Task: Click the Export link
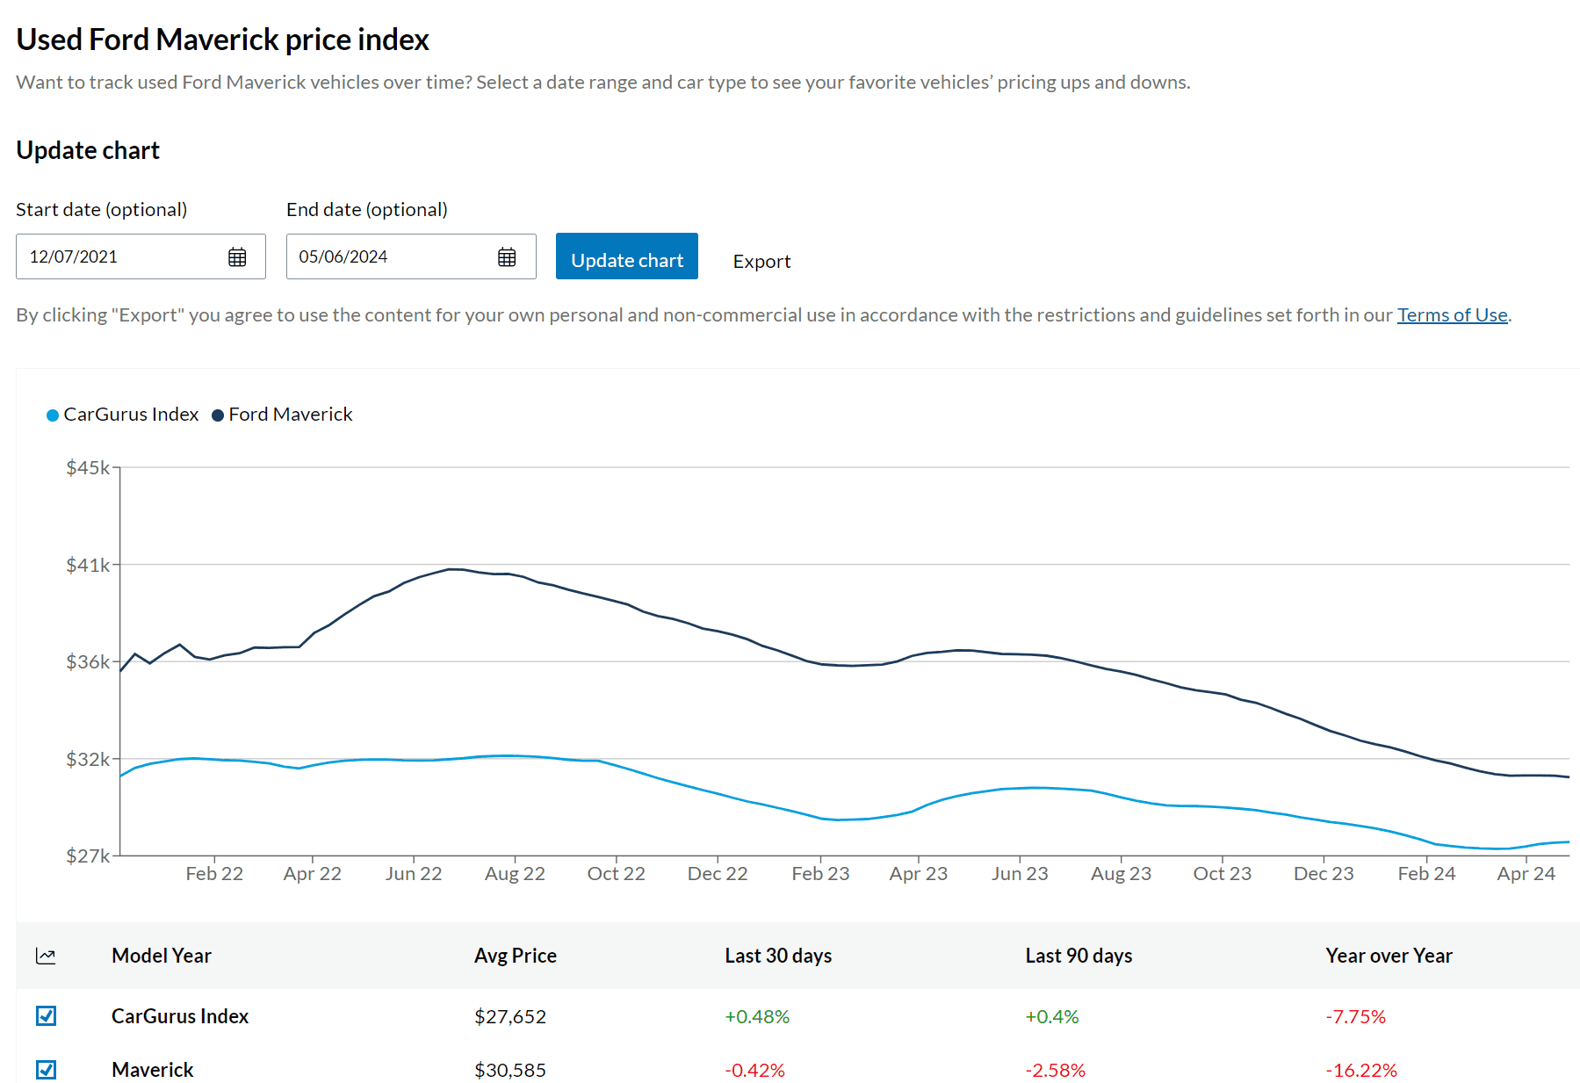click(761, 262)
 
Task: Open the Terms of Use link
click(1452, 314)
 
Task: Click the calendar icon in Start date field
click(237, 256)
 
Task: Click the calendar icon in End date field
click(507, 256)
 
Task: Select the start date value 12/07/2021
click(74, 256)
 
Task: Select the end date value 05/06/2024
click(343, 256)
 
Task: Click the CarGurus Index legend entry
click(122, 415)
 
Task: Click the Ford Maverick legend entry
click(282, 415)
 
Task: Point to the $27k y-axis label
click(88, 856)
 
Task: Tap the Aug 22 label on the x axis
click(515, 874)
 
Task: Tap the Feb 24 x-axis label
click(1426, 874)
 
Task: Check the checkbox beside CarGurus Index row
click(47, 1016)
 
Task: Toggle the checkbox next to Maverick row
click(47, 1070)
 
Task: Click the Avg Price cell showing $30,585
click(510, 1070)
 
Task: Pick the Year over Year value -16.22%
click(1361, 1070)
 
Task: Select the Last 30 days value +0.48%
click(757, 1016)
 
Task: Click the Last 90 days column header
click(1079, 956)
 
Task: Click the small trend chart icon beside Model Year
click(46, 956)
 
